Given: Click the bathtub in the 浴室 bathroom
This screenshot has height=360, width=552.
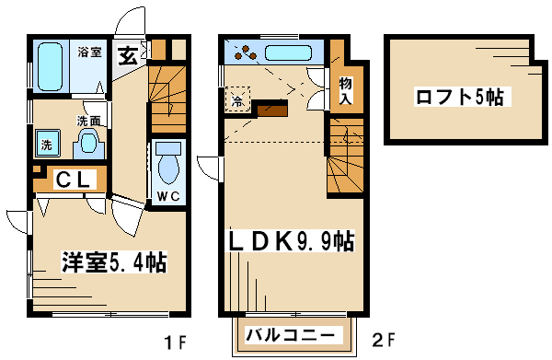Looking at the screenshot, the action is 50,67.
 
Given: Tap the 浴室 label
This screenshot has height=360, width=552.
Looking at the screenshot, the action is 89,52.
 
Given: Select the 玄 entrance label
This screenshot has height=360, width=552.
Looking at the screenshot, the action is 128,55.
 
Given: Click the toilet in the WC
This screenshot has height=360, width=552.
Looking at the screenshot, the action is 168,164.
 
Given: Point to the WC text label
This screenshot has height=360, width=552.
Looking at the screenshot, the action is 168,196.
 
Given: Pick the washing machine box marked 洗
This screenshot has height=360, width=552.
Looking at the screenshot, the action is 47,144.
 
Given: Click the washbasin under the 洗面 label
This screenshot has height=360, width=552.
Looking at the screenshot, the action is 88,144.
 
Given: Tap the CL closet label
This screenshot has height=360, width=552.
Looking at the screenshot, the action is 73,180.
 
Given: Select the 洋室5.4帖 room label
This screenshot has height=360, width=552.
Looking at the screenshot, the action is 114,262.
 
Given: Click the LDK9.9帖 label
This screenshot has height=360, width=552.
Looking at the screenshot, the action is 292,241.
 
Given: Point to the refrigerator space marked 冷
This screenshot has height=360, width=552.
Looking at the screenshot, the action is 237,99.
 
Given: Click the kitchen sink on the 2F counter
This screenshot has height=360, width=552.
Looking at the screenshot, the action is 288,53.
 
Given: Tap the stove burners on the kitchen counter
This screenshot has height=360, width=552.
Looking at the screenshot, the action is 246,52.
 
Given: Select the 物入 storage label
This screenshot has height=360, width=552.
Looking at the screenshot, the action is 345,91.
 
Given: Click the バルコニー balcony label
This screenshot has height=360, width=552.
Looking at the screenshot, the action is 290,335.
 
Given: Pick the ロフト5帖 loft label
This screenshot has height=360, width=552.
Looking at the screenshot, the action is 460,97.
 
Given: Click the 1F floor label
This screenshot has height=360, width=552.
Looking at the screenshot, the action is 176,342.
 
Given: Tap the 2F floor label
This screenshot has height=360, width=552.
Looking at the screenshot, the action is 384,341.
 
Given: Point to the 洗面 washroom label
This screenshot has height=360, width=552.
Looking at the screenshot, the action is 88,121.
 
